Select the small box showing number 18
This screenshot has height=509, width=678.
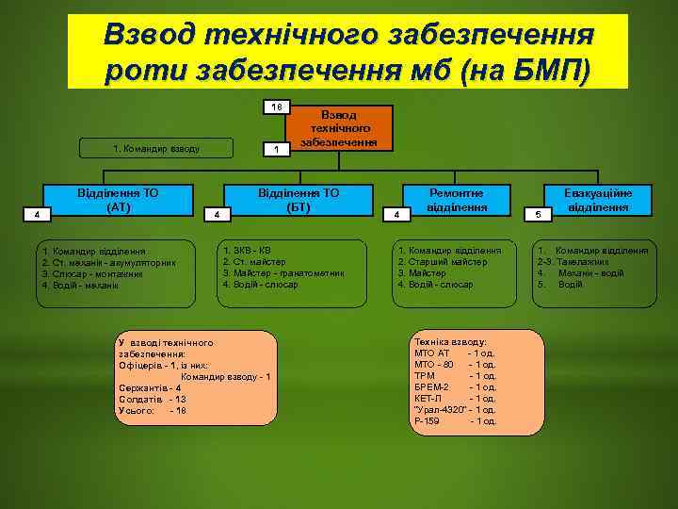point(277,107)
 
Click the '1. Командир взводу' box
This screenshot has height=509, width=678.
point(156,148)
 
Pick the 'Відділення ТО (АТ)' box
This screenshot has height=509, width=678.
point(118,199)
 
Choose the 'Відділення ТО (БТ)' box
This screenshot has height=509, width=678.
point(299,199)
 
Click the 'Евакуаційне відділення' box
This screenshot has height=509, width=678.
point(597,199)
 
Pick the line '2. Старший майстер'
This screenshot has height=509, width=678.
point(443,261)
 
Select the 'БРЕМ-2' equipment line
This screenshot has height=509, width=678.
point(455,386)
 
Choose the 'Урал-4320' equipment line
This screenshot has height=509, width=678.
point(455,409)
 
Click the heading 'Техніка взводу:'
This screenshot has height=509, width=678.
point(450,341)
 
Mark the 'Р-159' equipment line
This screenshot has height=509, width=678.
point(455,420)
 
